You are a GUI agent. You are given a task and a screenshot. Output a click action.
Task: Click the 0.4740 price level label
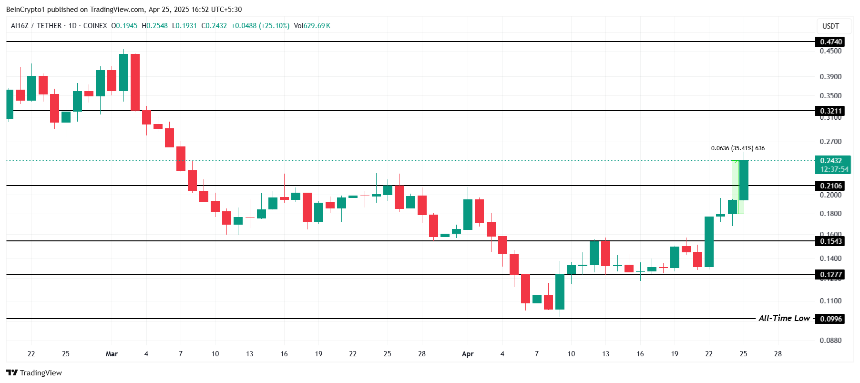pos(830,42)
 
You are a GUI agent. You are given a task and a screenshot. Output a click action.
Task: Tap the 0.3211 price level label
pos(830,111)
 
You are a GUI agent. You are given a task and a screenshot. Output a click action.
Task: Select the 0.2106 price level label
pos(830,186)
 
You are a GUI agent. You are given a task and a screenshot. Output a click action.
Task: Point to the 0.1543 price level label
pos(830,241)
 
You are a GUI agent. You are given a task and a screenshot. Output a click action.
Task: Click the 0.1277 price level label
pos(830,275)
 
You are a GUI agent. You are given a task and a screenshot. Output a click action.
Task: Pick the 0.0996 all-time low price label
pos(830,319)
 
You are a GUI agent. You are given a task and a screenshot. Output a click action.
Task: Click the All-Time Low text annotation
pos(784,318)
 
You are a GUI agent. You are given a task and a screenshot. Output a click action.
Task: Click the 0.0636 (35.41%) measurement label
pos(737,148)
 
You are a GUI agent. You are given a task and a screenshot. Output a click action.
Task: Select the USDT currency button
pos(830,26)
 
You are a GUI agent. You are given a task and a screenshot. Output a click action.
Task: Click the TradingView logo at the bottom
pos(34,373)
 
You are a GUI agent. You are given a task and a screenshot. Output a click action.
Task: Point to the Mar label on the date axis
pos(112,354)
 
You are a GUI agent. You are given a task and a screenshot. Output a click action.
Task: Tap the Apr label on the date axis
pos(468,354)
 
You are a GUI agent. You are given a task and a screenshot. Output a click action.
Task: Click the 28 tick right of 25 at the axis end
pos(778,354)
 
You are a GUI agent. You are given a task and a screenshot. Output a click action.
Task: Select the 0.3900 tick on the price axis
pos(830,77)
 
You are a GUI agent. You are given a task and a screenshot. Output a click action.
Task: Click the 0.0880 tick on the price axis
pos(830,341)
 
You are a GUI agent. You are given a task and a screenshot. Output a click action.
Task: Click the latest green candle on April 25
pos(743,180)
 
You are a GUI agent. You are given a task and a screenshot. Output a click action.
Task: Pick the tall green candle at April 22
pos(709,242)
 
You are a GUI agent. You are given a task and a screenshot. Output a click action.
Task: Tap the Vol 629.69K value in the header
pos(312,26)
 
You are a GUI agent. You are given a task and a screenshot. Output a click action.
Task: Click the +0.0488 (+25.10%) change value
pos(260,26)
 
